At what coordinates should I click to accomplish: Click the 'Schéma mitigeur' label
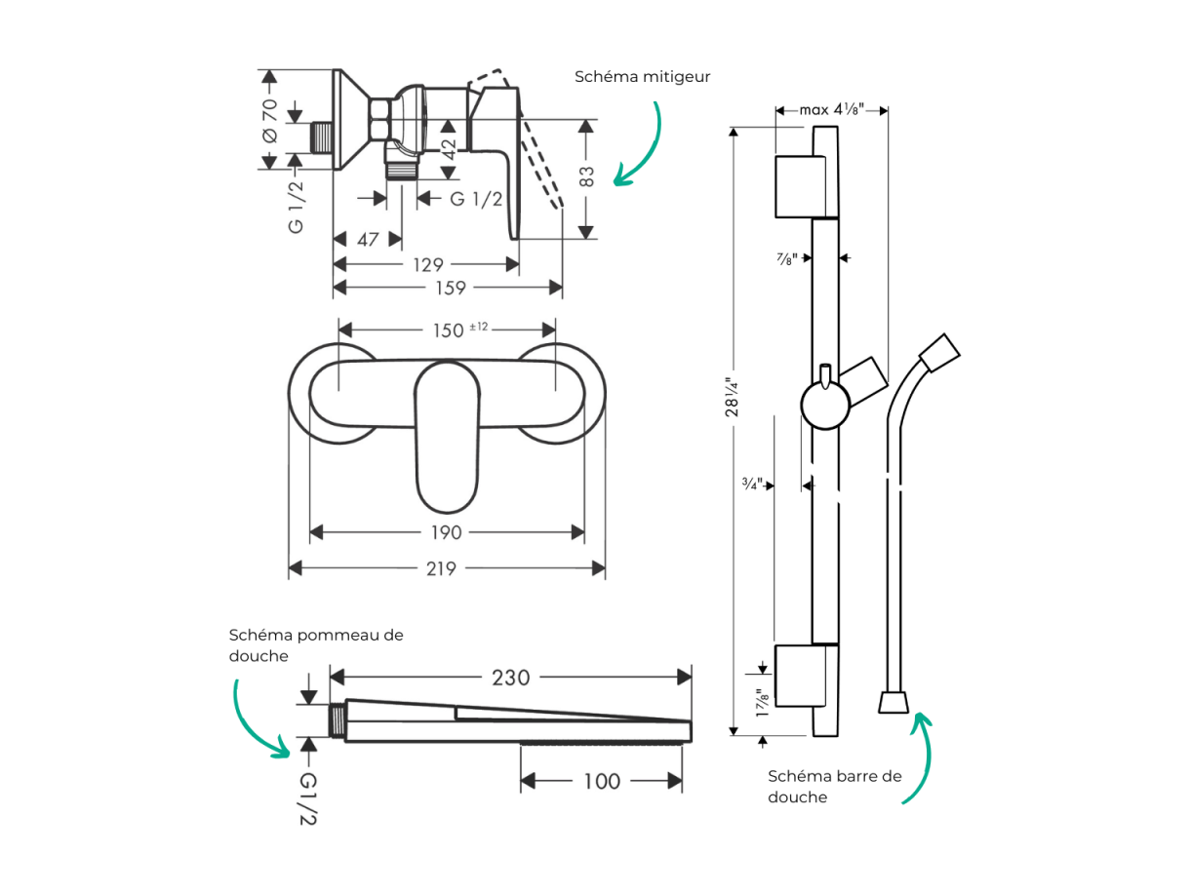(642, 77)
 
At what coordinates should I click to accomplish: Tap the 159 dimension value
(451, 288)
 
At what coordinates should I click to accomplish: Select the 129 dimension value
(428, 264)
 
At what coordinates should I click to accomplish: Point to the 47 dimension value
(368, 240)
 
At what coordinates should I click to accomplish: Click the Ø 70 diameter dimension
(269, 121)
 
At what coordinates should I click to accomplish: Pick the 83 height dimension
(586, 176)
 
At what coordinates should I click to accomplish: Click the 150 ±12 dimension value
(460, 330)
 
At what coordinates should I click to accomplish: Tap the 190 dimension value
(446, 532)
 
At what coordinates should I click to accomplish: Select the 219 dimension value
(441, 568)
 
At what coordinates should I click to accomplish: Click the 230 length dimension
(510, 678)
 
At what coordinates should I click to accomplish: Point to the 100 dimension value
(601, 781)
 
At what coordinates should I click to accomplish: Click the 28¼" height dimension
(732, 398)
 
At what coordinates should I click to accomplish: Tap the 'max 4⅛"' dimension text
(831, 110)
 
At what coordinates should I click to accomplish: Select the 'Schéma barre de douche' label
(835, 786)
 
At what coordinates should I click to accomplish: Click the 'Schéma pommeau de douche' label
(316, 645)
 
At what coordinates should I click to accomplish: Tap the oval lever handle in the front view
(447, 437)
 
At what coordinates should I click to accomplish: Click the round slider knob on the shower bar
(825, 405)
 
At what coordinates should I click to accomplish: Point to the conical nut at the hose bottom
(893, 702)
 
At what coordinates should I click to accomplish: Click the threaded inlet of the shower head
(337, 720)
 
